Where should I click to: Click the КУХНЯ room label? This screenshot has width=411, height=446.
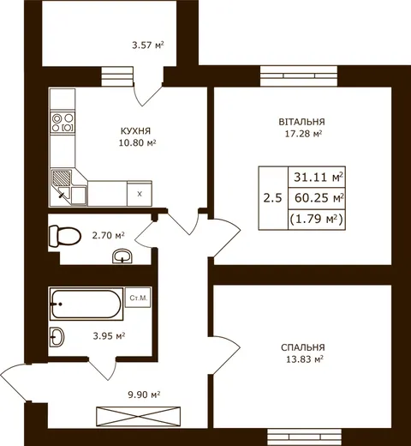point(135,131)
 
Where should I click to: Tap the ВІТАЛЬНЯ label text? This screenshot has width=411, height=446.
point(301,122)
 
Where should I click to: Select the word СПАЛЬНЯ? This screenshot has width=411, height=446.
point(303,347)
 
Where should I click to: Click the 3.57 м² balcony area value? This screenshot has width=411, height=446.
point(148,45)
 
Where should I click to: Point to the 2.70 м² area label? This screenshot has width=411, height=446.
point(108,235)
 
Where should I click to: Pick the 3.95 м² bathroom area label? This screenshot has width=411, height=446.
point(109,335)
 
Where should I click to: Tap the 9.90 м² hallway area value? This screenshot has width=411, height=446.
point(144,395)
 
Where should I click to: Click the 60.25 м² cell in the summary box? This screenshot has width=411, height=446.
point(317,198)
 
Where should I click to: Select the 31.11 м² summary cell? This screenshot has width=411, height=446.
point(317,178)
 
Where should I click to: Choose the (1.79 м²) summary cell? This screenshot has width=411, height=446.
point(317,220)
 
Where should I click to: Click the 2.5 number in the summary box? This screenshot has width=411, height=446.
point(272,198)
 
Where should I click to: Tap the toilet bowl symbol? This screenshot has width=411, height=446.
point(65,236)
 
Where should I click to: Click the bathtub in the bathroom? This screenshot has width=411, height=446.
point(86,304)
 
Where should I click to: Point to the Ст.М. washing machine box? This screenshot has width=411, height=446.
point(138,298)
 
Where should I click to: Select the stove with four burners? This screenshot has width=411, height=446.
point(63,123)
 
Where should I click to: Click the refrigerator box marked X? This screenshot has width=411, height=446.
point(140,194)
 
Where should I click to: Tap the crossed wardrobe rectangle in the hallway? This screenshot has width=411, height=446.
point(139,416)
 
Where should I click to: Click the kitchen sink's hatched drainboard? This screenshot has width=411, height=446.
point(62,178)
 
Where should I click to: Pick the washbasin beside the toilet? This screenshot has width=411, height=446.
point(122,256)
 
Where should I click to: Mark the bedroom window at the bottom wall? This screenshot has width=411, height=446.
point(304,437)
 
